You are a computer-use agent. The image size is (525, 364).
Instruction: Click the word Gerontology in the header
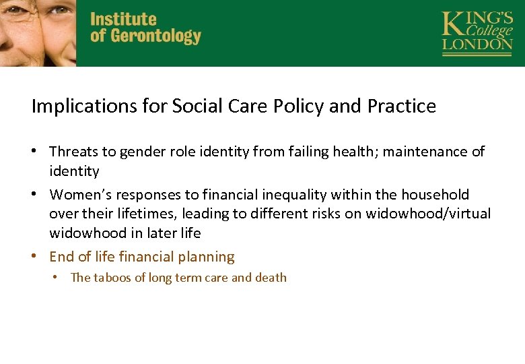point(156,36)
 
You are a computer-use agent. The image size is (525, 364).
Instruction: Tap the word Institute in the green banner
point(123,19)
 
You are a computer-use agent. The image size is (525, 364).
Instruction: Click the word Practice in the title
point(402,107)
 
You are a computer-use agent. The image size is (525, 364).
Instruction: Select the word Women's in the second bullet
point(80,195)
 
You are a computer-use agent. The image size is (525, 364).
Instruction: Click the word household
point(435,195)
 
